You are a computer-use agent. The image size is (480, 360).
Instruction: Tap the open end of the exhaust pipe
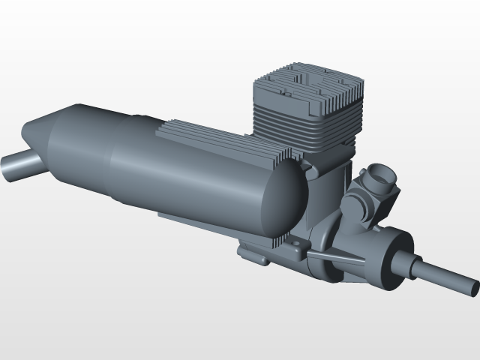[6, 169]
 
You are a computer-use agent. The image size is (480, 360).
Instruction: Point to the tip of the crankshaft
[474, 286]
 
